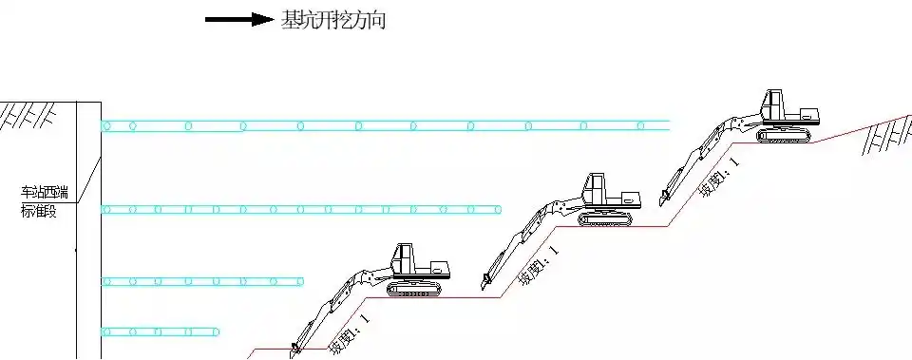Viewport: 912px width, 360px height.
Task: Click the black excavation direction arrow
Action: [x=238, y=19]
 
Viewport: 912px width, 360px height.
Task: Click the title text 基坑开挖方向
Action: [x=333, y=20]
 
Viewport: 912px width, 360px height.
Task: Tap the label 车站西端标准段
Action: [x=39, y=201]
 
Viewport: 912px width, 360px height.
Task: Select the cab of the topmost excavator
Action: [x=777, y=104]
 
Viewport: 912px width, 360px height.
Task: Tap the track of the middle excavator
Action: [x=605, y=219]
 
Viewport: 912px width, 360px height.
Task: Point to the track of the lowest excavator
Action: [x=414, y=288]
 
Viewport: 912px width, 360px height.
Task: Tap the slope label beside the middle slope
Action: [x=538, y=265]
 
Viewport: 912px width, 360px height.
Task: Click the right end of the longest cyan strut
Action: [x=669, y=125]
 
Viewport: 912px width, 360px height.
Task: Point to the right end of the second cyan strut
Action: [x=501, y=209]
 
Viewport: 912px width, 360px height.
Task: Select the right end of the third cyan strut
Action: [x=302, y=281]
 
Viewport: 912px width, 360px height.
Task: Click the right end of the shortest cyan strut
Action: [x=219, y=332]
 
